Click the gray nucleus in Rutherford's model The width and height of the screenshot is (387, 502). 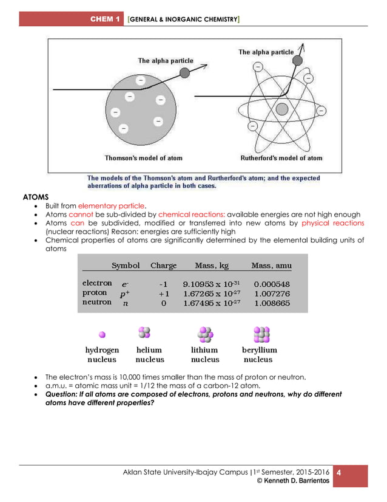click(281, 109)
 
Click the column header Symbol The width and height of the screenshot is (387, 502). click(126, 266)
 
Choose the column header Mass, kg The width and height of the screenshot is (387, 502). click(212, 266)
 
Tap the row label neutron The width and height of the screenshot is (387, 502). click(97, 302)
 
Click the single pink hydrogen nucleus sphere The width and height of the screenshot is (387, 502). click(103, 334)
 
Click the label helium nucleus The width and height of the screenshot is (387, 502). click(149, 354)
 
